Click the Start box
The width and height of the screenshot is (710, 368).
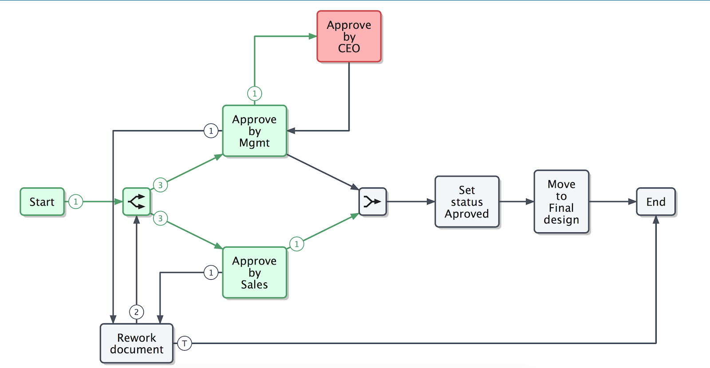pyautogui.click(x=42, y=202)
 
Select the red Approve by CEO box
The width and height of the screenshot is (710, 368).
pyautogui.click(x=349, y=36)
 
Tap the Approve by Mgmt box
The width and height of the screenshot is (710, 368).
pyautogui.click(x=255, y=131)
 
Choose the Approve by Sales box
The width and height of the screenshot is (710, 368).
pyautogui.click(x=255, y=272)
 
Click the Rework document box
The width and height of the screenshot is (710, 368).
pyautogui.click(x=137, y=343)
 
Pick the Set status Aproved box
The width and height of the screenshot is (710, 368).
pyautogui.click(x=467, y=202)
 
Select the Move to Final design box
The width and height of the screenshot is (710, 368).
pyautogui.click(x=561, y=202)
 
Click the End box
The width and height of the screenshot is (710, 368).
pyautogui.click(x=656, y=202)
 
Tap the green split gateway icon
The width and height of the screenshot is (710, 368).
pyautogui.click(x=137, y=202)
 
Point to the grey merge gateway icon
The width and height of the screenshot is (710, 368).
pyautogui.click(x=373, y=202)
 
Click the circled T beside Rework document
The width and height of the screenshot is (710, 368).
pyautogui.click(x=185, y=343)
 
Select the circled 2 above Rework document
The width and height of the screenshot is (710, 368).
pyautogui.click(x=137, y=312)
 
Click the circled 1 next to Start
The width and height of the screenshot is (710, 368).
pyautogui.click(x=76, y=202)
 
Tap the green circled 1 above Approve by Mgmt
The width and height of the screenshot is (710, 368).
pyautogui.click(x=255, y=94)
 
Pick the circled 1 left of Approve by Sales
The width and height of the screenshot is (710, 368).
pyautogui.click(x=211, y=272)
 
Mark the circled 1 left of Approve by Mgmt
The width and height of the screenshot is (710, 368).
pyautogui.click(x=211, y=131)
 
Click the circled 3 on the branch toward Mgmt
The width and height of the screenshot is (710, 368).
pyautogui.click(x=160, y=185)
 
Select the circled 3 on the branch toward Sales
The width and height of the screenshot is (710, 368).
pyautogui.click(x=160, y=218)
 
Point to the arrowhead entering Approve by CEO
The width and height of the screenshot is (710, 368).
pyautogui.click(x=313, y=36)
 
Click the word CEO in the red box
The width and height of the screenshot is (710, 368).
pyautogui.click(x=349, y=48)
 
